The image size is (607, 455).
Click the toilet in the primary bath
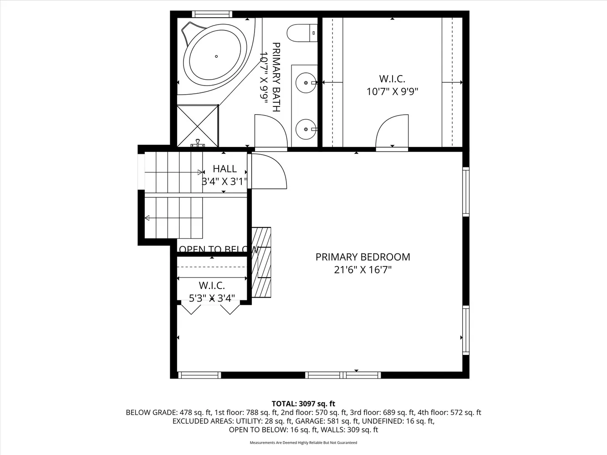coord(301,32)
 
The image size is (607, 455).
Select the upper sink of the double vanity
coord(305,83)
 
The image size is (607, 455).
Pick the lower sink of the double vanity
coord(305,129)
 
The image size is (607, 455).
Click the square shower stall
coord(198,125)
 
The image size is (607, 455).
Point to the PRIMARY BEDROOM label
coord(362,257)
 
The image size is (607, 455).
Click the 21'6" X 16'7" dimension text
coord(362,270)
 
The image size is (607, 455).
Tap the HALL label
coord(224,169)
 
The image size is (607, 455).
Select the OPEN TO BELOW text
coord(218,249)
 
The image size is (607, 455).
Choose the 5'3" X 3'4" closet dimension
coord(212,298)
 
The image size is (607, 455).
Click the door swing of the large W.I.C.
coord(392,131)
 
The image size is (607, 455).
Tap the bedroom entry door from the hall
coord(268,172)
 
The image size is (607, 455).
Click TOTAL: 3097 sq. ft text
coord(303,404)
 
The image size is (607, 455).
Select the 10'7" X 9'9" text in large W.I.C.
coord(392,91)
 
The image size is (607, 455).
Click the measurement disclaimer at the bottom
coord(303,443)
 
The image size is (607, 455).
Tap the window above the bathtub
coord(212,14)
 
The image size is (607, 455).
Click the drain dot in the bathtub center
coord(216,56)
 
